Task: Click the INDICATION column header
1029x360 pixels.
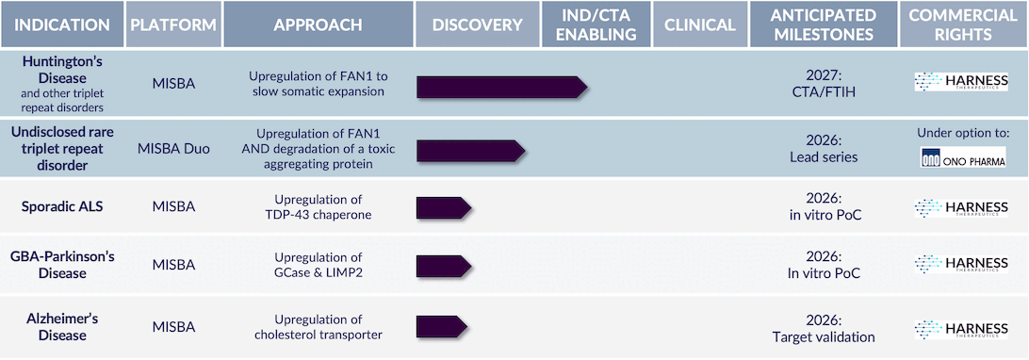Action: tap(62, 25)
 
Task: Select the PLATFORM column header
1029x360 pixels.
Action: tap(173, 25)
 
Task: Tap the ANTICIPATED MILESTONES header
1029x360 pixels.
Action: tap(825, 25)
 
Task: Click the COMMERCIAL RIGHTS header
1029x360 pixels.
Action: tap(963, 25)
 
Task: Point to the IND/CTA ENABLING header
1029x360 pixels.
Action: tap(596, 25)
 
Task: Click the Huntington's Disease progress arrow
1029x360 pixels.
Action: tap(502, 88)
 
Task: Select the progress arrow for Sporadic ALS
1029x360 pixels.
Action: tap(444, 208)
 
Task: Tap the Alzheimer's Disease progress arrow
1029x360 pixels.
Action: tap(442, 327)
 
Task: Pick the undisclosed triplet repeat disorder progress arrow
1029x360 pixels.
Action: tap(471, 150)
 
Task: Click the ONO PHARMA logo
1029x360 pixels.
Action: tap(963, 158)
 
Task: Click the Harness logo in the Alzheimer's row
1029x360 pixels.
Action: tap(961, 330)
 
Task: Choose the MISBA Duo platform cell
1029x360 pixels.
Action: tap(174, 149)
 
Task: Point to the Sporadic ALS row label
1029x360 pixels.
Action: tap(62, 205)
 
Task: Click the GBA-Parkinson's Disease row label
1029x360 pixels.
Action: tap(62, 264)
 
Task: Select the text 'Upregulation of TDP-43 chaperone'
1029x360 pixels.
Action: tap(318, 206)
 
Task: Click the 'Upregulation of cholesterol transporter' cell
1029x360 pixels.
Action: tap(318, 327)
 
